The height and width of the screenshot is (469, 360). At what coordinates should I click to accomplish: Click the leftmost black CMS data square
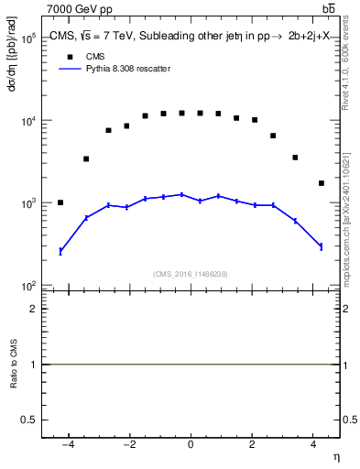click(x=60, y=202)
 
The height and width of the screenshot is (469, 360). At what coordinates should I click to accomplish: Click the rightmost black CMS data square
click(x=322, y=183)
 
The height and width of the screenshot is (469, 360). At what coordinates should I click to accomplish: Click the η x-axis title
click(x=335, y=456)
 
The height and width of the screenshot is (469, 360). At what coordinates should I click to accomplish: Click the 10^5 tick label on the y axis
click(x=27, y=38)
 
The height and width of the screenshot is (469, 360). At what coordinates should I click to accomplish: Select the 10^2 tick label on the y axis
click(x=27, y=286)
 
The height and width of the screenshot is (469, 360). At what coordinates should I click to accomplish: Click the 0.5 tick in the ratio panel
click(x=30, y=420)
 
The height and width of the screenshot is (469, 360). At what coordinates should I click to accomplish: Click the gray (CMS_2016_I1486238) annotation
click(x=191, y=274)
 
